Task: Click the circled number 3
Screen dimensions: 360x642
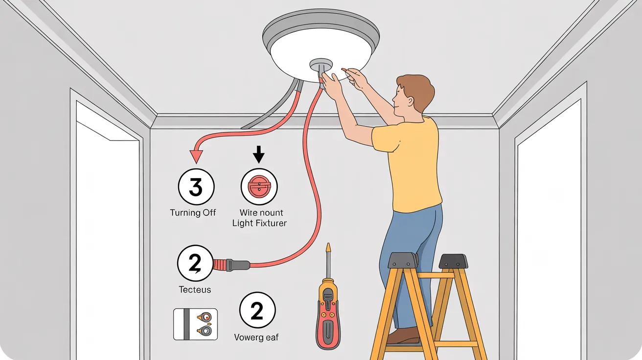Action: tap(195, 187)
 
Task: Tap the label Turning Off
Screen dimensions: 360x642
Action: tap(193, 213)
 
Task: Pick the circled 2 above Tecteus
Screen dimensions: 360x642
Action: tap(195, 264)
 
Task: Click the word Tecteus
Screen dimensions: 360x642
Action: tap(195, 290)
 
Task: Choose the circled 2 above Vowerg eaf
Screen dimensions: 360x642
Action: tap(257, 311)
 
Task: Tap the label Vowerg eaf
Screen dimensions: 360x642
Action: tap(256, 337)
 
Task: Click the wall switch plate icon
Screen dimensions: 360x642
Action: tap(195, 324)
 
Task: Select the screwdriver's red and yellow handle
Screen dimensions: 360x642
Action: tap(328, 313)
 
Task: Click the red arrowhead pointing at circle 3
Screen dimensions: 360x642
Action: tap(196, 156)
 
